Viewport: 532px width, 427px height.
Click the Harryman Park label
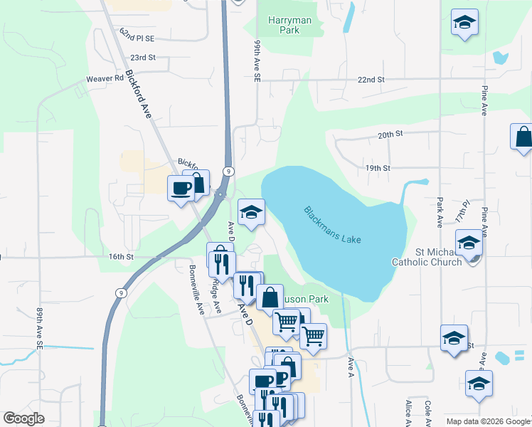tap(290, 26)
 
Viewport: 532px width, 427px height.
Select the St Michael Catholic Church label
tap(427, 257)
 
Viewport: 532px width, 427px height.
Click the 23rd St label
tap(142, 57)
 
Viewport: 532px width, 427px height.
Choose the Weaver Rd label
tap(105, 79)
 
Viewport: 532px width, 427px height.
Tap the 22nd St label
tap(371, 80)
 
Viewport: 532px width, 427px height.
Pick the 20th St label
tap(390, 134)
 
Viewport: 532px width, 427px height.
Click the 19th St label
tap(378, 168)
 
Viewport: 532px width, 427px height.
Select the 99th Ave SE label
tap(258, 60)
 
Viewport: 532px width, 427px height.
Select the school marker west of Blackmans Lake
tap(251, 212)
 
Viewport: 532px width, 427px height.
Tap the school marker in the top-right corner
tap(464, 23)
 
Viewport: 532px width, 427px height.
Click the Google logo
tap(23, 418)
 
